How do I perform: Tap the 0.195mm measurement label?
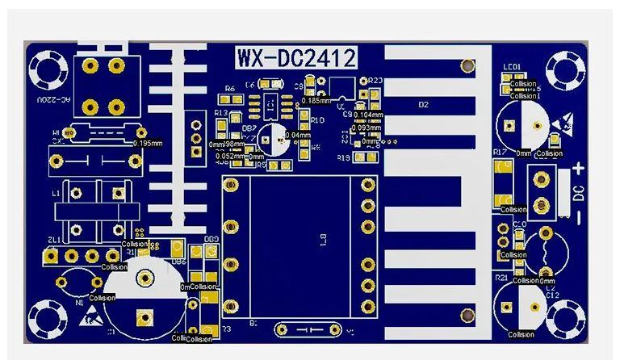(x=147, y=143)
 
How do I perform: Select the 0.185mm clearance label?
(x=315, y=100)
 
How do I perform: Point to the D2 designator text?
(x=423, y=105)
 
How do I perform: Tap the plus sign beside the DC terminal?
(x=578, y=170)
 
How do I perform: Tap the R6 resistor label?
(x=230, y=89)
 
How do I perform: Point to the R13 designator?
(x=222, y=113)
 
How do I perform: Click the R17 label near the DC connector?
(x=499, y=152)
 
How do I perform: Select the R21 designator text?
(x=501, y=277)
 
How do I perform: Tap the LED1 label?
(x=512, y=67)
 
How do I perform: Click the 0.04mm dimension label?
(x=297, y=135)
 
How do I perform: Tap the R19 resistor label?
(x=342, y=157)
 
